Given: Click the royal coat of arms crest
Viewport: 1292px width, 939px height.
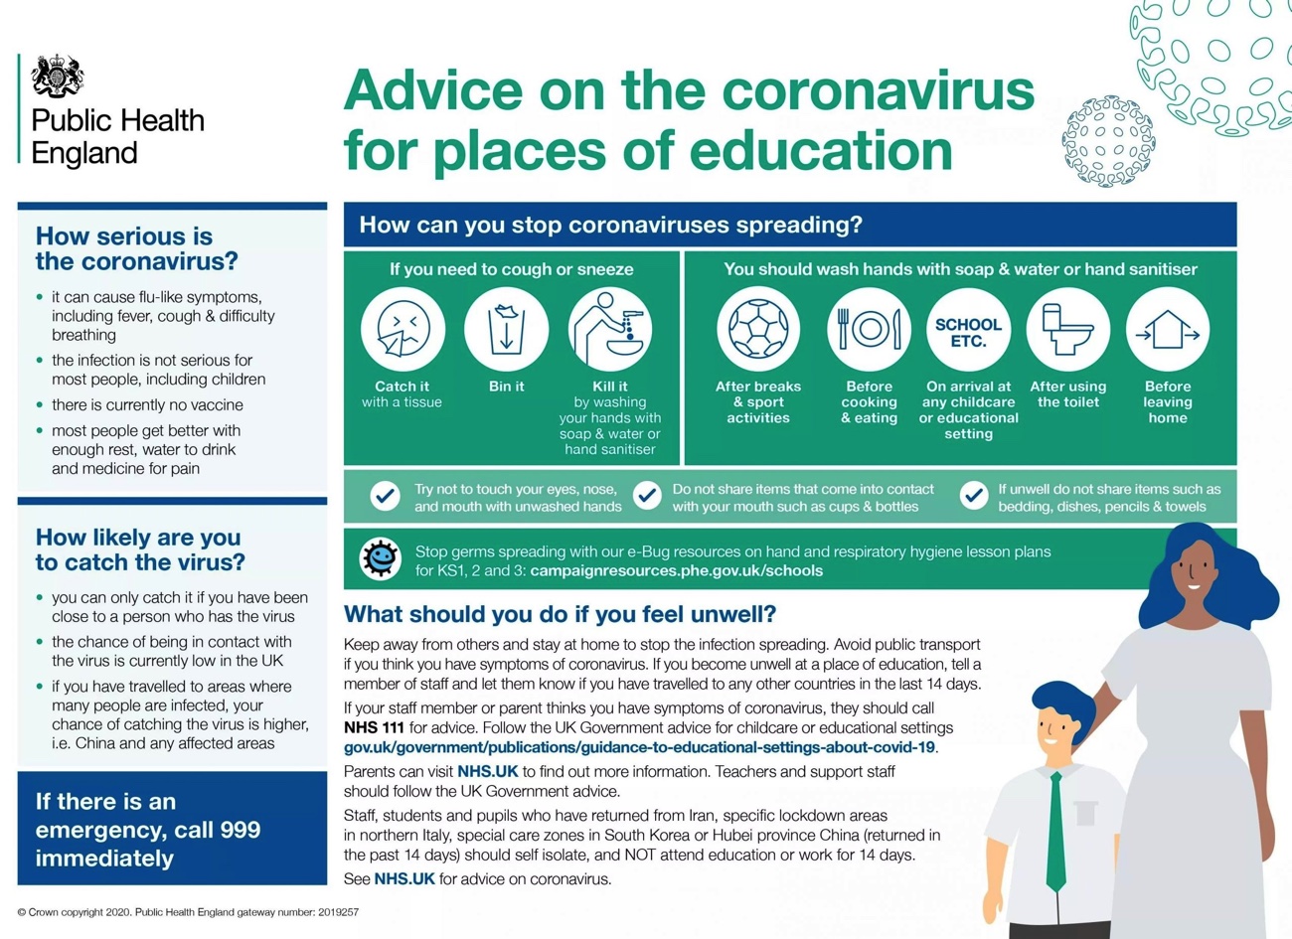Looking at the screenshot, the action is (57, 76).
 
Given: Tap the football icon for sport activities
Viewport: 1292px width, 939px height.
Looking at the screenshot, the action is (758, 329).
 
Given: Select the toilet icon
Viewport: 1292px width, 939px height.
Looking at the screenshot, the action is (1068, 329).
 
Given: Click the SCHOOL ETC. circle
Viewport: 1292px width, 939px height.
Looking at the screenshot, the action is (968, 329).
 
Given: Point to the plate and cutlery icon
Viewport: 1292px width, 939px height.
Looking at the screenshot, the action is (869, 329).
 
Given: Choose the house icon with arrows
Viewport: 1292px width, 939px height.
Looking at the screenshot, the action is (1168, 329).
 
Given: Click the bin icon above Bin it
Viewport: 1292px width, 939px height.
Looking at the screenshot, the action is (507, 329).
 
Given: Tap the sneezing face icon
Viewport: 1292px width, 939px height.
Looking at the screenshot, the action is (403, 329).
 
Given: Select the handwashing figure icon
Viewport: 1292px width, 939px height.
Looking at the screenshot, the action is (610, 329).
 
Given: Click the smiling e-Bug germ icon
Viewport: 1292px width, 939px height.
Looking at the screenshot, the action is (380, 558).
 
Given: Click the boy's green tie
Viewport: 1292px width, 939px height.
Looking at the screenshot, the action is (1055, 832).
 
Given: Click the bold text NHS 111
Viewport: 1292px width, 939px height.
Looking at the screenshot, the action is (374, 727).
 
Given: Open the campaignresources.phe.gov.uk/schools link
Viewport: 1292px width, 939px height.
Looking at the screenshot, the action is (676, 570).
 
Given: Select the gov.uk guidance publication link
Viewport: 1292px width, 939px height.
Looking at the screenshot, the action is (639, 747).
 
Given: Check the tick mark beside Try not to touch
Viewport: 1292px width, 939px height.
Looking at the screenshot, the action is (385, 496).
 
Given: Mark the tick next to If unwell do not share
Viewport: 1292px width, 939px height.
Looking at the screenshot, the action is (974, 496).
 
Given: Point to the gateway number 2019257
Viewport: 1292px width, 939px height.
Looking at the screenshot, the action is (338, 912).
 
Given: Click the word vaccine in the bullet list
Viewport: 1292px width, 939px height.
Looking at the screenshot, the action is (220, 404).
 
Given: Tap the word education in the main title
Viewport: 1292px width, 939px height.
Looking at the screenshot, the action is (821, 151).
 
